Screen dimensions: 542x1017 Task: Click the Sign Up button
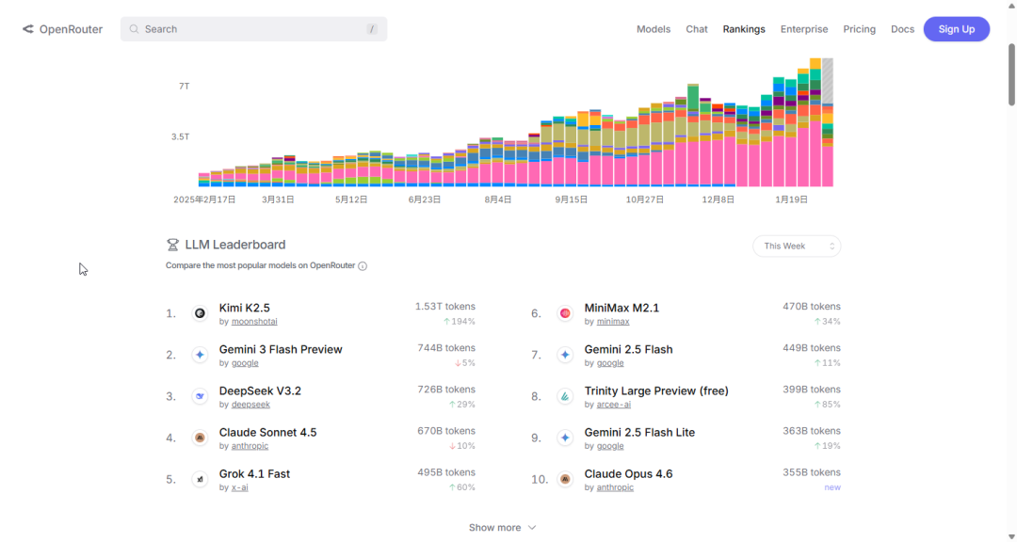click(956, 29)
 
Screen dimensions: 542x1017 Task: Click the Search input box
click(253, 29)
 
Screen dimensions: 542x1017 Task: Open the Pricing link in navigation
click(859, 29)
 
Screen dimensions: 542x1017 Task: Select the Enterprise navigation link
click(804, 29)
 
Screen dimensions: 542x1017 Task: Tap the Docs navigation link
click(902, 29)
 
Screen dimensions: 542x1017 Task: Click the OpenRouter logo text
click(71, 29)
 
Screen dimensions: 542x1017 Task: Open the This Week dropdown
click(796, 246)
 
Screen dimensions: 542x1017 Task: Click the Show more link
click(502, 528)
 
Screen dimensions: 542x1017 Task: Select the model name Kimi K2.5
click(244, 308)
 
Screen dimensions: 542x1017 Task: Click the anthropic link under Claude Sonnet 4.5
click(250, 446)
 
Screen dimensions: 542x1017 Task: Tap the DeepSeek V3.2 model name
click(260, 391)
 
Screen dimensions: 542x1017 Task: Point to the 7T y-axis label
click(184, 86)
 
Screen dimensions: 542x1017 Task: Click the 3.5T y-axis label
click(180, 136)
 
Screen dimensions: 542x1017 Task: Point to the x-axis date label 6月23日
click(425, 199)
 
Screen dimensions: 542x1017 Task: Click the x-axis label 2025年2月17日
click(204, 199)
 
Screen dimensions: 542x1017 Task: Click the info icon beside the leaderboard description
click(363, 266)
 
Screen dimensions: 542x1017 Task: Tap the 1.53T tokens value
click(444, 307)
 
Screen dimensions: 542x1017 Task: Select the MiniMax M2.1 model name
click(621, 308)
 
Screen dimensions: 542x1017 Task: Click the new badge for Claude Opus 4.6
click(832, 487)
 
